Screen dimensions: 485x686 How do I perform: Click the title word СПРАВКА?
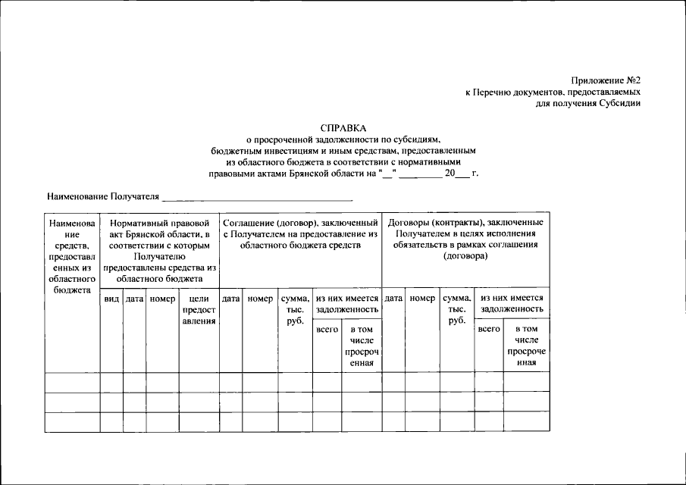tap(343, 128)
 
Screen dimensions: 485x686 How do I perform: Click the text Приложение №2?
tap(606, 80)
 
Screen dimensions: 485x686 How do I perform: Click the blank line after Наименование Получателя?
tap(258, 198)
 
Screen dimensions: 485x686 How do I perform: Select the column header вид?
tap(111, 299)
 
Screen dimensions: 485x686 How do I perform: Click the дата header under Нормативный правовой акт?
tap(134, 299)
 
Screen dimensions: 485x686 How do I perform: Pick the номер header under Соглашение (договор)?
tap(259, 299)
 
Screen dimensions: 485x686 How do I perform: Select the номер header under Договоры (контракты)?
tap(422, 299)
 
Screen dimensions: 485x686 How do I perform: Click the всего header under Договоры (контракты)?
tap(488, 330)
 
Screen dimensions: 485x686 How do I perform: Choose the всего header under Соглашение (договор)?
tap(327, 330)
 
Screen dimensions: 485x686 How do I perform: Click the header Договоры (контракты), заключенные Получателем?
tap(465, 239)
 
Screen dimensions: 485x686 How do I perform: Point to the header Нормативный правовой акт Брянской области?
tap(159, 251)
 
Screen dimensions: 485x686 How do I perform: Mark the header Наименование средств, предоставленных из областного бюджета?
tap(72, 256)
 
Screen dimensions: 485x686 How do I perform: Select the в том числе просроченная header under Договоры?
tap(526, 346)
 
